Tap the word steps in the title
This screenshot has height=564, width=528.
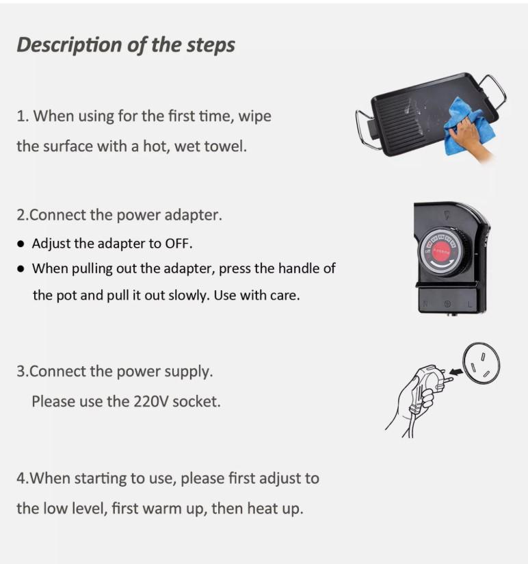(210, 46)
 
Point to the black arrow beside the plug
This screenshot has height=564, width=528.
(456, 372)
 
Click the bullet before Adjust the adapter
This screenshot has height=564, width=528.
(21, 244)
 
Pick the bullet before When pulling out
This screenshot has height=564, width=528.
(21, 268)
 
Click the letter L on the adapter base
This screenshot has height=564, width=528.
(469, 305)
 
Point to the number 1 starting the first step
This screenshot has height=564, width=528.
(21, 116)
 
